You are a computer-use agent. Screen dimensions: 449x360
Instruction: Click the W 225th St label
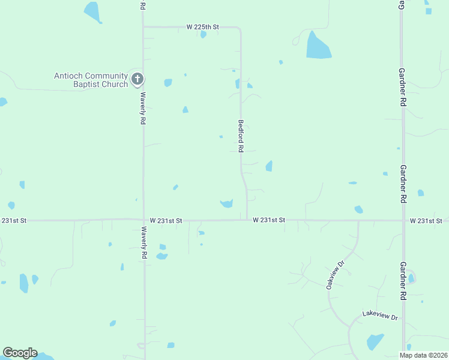click(203, 26)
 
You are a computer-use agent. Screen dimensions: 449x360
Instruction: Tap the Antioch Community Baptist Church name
click(91, 80)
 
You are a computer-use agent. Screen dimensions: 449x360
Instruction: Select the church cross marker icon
click(137, 79)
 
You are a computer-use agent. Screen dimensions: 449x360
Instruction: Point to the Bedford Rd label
click(241, 134)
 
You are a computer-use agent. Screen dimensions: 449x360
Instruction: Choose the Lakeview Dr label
click(380, 316)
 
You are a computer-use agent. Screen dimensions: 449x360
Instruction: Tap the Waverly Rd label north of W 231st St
click(143, 108)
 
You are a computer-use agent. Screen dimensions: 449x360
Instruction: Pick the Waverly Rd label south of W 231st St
click(143, 242)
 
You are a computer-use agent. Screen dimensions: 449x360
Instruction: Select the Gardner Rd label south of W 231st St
click(403, 281)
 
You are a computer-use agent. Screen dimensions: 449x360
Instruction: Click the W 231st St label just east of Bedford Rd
click(268, 220)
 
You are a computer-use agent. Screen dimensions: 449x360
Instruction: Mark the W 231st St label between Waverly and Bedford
click(166, 221)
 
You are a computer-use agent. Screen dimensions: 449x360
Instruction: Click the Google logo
click(20, 353)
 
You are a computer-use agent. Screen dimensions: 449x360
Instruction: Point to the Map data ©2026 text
click(423, 355)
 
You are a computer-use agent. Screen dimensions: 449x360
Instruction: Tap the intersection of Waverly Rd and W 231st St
click(143, 220)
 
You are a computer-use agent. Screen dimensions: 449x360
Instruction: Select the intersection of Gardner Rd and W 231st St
click(402, 220)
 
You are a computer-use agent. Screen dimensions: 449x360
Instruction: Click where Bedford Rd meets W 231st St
click(247, 220)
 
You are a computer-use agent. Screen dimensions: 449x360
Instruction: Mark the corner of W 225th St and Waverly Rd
click(143, 26)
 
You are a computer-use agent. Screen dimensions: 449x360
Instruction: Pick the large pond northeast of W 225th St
click(318, 46)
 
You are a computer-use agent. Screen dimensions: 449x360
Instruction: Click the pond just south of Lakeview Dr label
click(375, 341)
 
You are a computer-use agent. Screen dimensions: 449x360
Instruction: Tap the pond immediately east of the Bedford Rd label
click(269, 166)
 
